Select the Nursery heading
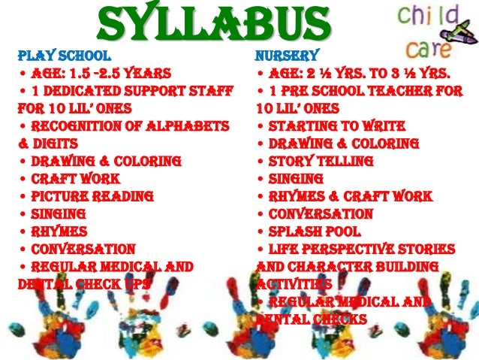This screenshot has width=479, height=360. click(x=287, y=55)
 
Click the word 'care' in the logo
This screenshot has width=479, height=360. click(x=425, y=46)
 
